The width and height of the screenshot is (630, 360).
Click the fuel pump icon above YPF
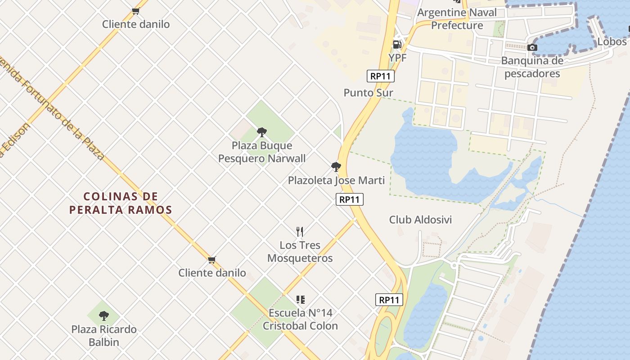(397, 45)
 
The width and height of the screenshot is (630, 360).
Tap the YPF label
(397, 58)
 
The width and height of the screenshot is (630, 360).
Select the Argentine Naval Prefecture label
(457, 19)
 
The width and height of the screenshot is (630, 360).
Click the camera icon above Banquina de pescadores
(532, 48)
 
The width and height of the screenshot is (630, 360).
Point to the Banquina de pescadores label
(532, 67)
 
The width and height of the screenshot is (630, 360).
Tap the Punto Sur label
(368, 93)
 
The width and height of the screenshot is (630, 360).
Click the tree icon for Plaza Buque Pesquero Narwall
(261, 132)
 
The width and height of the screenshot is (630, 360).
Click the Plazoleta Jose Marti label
(336, 180)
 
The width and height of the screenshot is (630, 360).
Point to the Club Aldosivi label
(420, 220)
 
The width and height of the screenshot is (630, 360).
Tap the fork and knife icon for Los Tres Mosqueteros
(300, 232)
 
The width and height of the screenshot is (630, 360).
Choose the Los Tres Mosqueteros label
(300, 252)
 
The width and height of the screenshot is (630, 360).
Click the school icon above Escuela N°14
(301, 300)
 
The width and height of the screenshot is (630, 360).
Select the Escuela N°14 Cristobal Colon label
(300, 319)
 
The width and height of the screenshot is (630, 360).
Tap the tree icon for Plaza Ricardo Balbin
(104, 316)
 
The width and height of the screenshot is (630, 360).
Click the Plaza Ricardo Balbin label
(104, 336)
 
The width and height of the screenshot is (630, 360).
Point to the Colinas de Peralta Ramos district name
(121, 203)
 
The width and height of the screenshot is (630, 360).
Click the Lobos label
(612, 42)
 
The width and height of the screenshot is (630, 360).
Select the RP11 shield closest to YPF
(380, 76)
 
